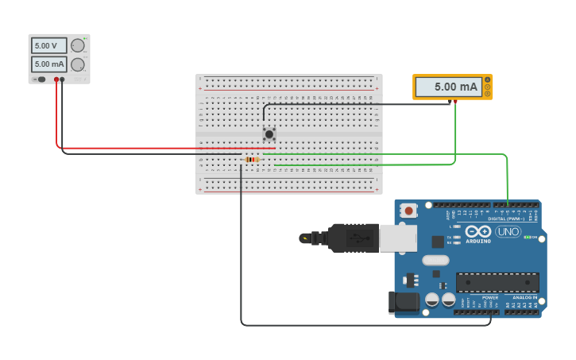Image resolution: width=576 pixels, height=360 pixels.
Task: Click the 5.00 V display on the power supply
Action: click(49, 46)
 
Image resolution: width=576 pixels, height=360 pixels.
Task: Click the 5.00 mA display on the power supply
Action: click(49, 64)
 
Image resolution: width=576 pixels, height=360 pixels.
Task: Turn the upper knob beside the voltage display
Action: click(77, 46)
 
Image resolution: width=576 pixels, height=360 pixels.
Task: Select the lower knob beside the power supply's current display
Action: click(77, 64)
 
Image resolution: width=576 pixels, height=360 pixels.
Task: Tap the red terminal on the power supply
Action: click(56, 79)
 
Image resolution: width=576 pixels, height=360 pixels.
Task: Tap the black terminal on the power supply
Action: click(63, 79)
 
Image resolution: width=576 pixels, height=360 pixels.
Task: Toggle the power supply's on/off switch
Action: click(41, 79)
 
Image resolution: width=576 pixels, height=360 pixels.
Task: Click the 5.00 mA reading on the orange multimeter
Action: click(449, 87)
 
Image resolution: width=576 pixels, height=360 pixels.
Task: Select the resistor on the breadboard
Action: click(252, 160)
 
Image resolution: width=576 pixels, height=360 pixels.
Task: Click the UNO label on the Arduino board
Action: click(508, 231)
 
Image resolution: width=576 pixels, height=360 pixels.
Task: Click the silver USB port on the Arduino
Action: click(397, 238)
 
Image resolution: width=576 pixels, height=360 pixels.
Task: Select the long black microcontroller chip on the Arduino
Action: click(497, 282)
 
